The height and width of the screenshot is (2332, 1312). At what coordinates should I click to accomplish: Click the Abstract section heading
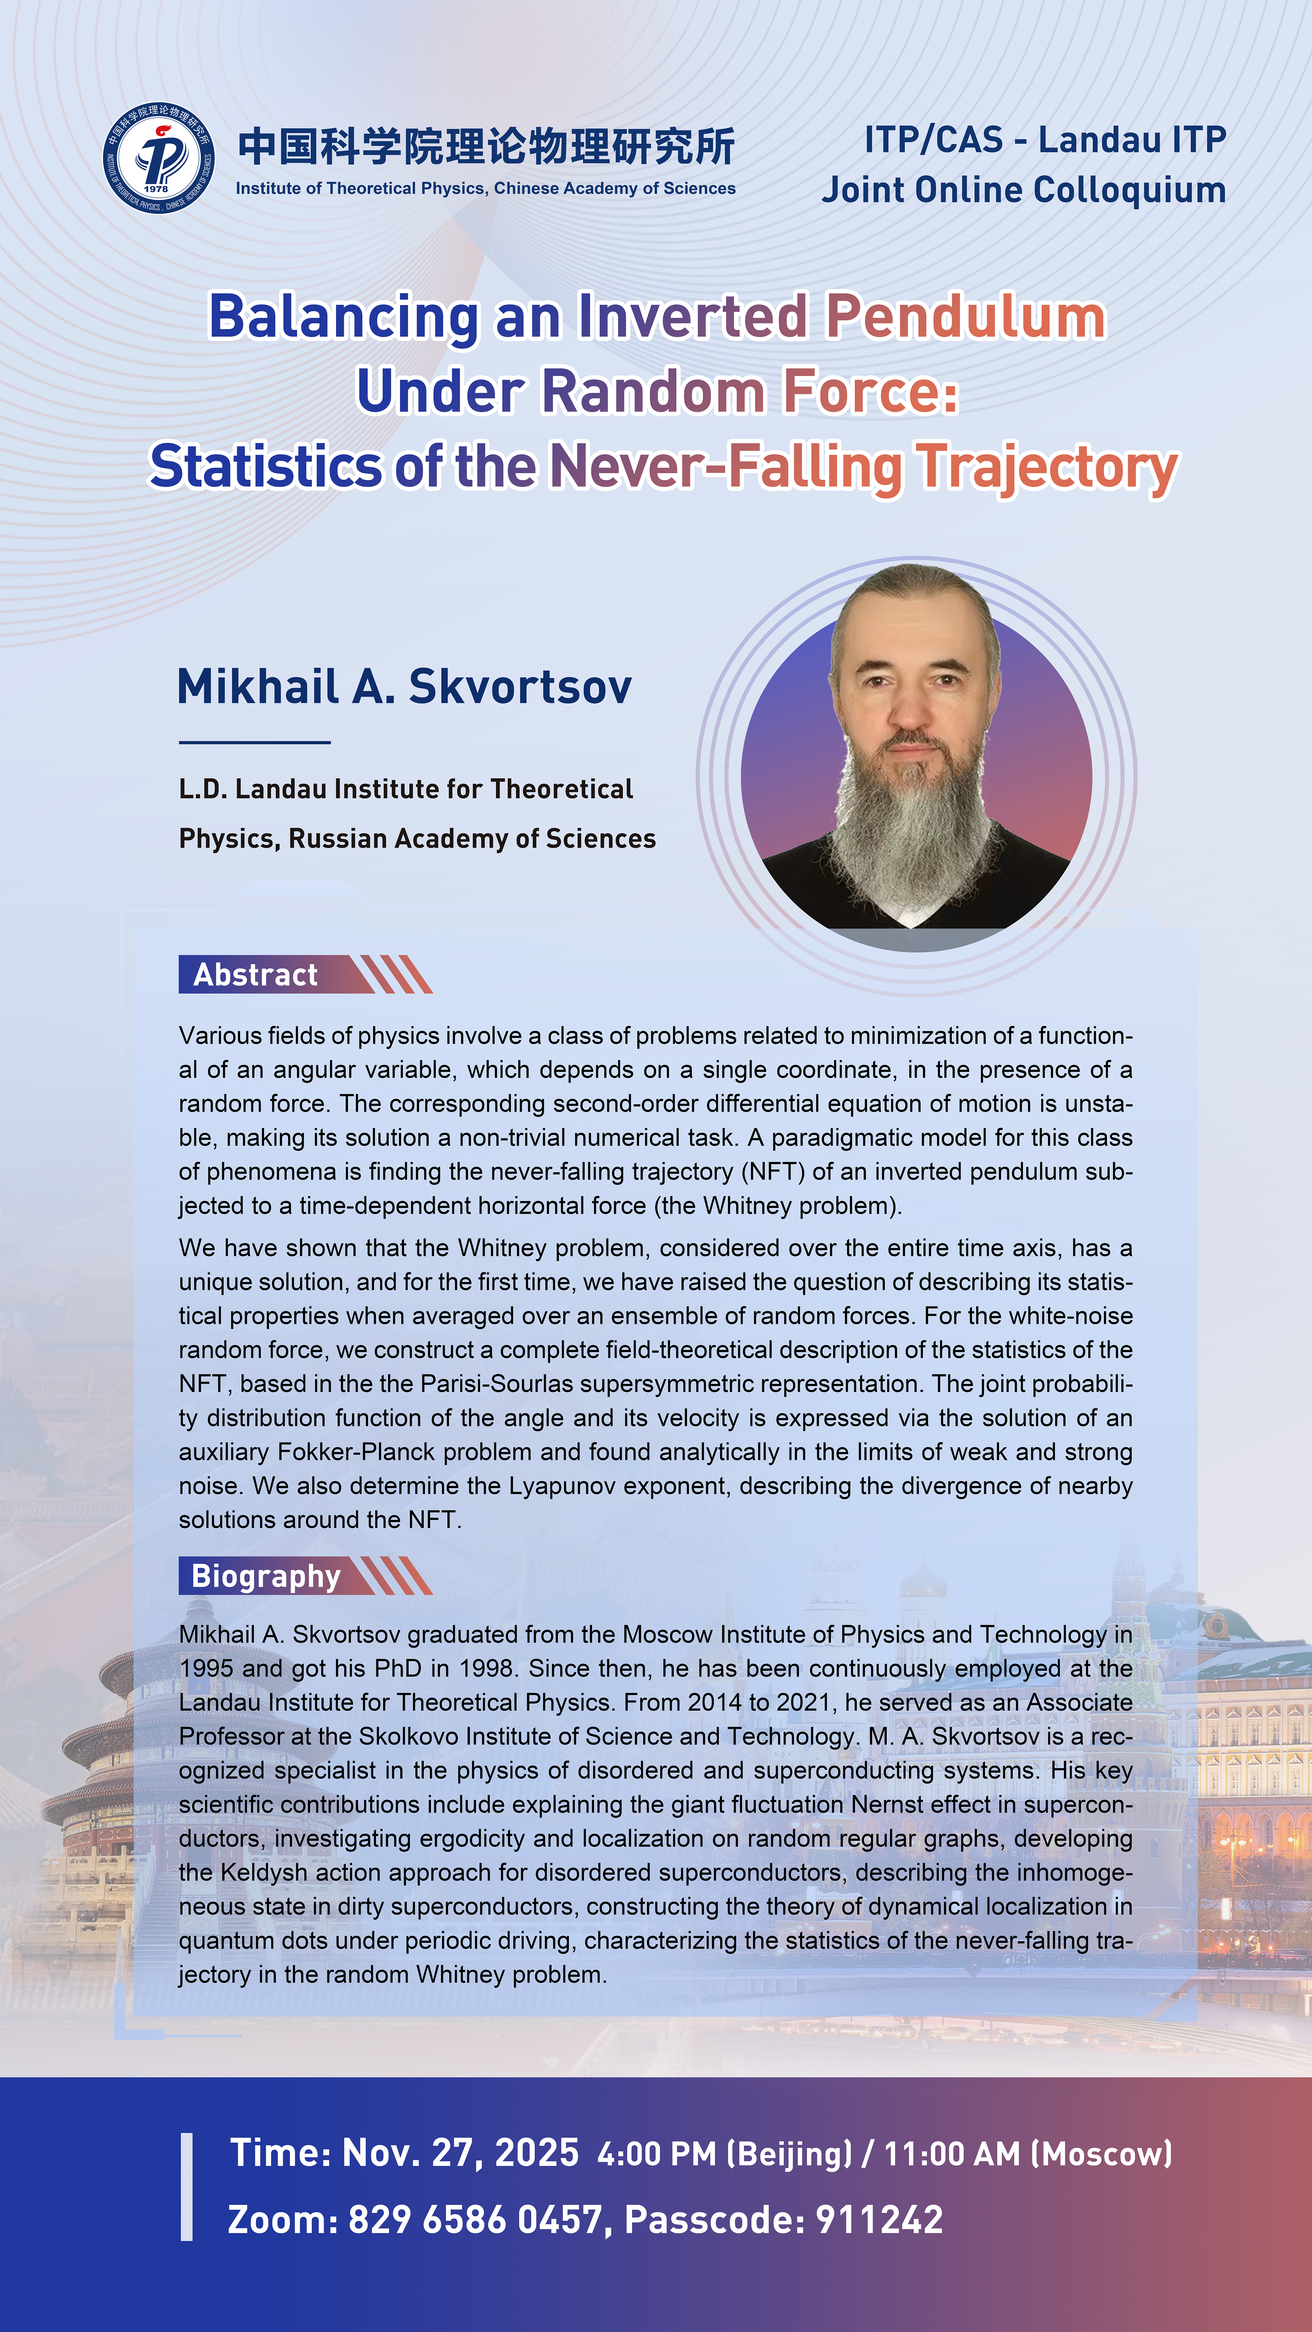[255, 975]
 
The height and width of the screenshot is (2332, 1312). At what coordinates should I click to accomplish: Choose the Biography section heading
[265, 1576]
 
